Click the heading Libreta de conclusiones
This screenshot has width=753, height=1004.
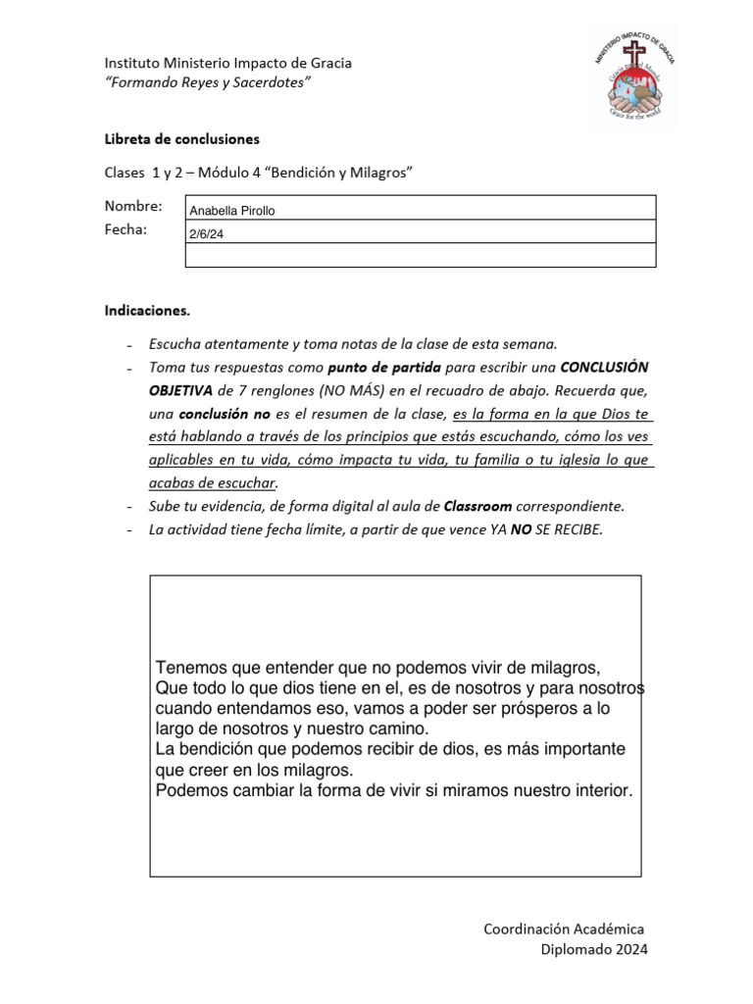(x=181, y=139)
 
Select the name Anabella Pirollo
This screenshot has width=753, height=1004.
(x=232, y=211)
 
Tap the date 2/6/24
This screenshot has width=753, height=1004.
(x=206, y=234)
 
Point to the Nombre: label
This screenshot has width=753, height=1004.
(x=132, y=206)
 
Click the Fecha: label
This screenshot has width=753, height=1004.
(x=125, y=229)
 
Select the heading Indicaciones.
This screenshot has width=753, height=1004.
(x=147, y=311)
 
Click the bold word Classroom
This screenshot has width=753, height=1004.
(x=477, y=507)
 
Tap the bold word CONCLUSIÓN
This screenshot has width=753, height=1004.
(x=604, y=367)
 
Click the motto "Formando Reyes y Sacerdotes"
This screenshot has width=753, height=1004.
(x=208, y=83)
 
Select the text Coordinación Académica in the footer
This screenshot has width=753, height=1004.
(x=564, y=929)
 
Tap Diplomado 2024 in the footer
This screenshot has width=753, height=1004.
(x=594, y=949)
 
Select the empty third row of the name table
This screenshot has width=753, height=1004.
(x=420, y=255)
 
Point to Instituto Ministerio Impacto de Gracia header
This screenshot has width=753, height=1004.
(x=227, y=63)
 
